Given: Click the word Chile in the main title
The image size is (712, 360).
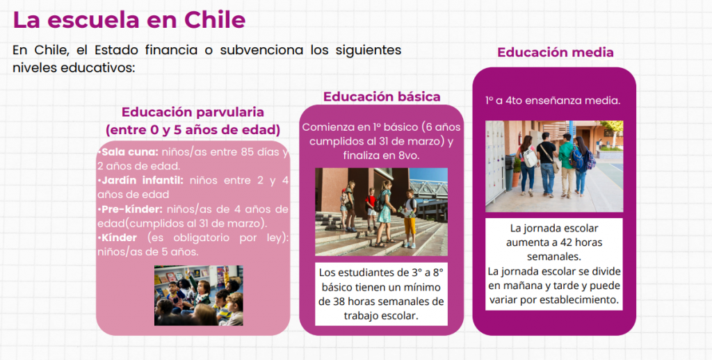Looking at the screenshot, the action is point(215,20).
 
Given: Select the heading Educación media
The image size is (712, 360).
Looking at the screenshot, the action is point(556,52).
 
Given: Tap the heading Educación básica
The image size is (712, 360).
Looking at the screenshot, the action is point(382,97).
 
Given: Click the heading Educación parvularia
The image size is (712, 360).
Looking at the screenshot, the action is point(193,112).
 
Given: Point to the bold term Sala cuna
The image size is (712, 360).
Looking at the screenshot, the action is point(130,152).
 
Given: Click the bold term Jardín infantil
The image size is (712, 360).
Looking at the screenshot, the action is point(142,180).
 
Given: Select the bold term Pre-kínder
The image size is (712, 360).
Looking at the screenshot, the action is point(131,209).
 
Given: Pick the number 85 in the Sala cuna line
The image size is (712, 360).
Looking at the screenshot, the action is point(248,152).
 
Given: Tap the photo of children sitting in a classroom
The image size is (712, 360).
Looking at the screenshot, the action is point(198,295).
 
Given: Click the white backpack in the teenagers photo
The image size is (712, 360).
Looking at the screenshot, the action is point(529,158).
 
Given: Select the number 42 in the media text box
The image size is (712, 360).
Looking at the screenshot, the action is point(554,243).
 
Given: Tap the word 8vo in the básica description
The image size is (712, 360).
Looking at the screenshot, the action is point(407,155).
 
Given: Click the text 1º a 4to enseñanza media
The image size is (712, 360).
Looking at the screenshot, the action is point(553,100).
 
